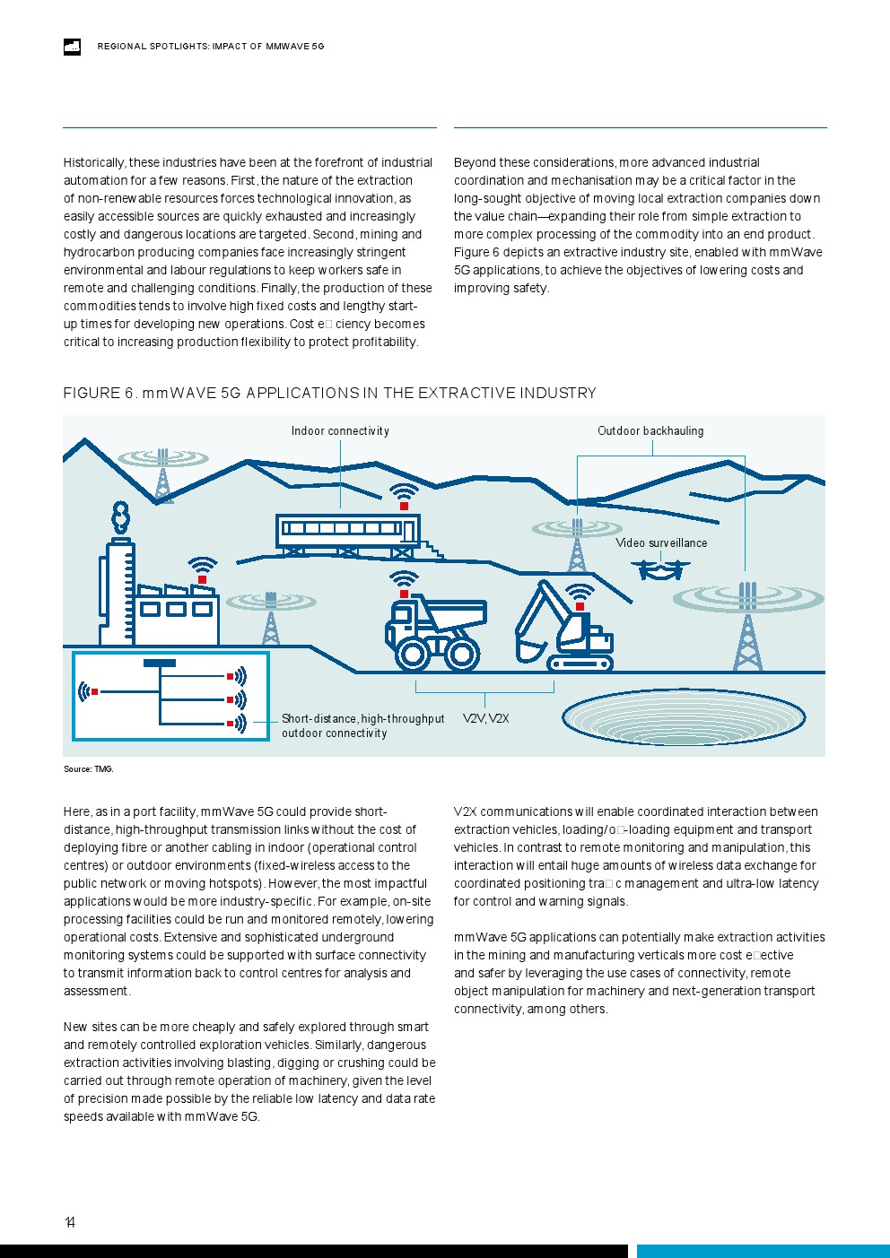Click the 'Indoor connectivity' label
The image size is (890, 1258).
click(340, 431)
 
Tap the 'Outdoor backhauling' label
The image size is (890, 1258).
click(650, 431)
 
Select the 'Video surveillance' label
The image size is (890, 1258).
click(661, 543)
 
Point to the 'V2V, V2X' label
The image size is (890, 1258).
click(485, 719)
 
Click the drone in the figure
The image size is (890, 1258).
click(661, 568)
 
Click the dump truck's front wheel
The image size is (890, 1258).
click(413, 654)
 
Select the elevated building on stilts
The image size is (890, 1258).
click(347, 531)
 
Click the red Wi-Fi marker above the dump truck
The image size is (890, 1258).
click(404, 594)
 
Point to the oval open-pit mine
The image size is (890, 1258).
click(683, 716)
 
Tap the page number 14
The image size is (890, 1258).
click(70, 1222)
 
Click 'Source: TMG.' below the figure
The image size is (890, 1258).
click(88, 769)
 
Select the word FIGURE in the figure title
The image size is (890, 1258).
click(92, 394)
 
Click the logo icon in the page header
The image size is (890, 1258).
click(72, 47)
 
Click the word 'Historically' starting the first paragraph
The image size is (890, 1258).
click(93, 163)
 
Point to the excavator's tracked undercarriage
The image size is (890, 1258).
click(580, 664)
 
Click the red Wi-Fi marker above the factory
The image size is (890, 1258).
click(203, 580)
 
